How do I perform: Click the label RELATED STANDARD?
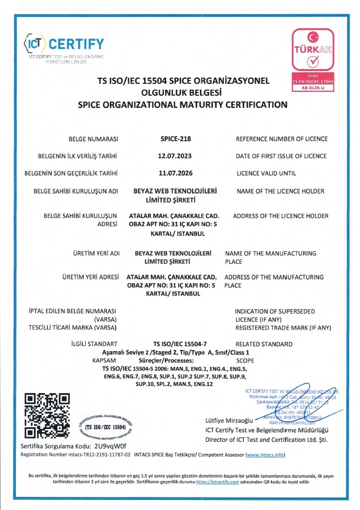pos(264,344)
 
